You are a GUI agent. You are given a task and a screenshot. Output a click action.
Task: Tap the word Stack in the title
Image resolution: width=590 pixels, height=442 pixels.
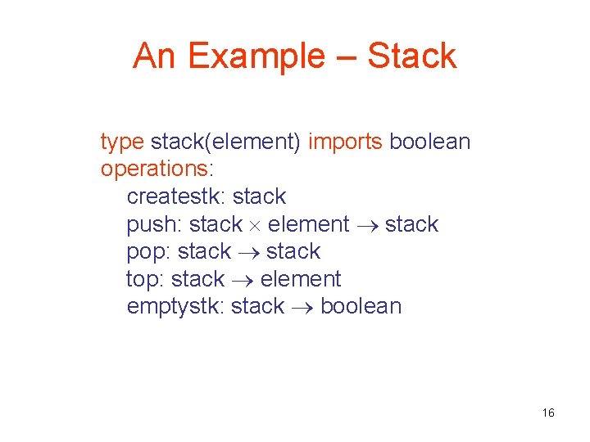(x=411, y=56)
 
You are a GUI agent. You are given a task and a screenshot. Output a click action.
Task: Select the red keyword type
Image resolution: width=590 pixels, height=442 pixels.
(x=122, y=142)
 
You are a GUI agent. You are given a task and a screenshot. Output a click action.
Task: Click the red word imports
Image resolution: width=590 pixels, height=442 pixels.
(x=345, y=142)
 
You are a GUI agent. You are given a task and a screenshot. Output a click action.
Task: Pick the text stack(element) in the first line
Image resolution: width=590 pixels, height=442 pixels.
(x=226, y=142)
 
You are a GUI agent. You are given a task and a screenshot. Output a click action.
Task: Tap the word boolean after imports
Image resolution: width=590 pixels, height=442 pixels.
(x=430, y=142)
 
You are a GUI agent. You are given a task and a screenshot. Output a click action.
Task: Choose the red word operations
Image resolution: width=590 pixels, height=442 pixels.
(x=154, y=169)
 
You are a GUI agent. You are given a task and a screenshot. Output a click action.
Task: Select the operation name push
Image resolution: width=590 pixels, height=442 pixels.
(x=154, y=224)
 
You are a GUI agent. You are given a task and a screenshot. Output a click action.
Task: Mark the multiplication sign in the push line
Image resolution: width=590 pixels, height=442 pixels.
(x=256, y=225)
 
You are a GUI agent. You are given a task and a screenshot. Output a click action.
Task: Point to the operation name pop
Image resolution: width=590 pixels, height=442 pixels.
(x=147, y=252)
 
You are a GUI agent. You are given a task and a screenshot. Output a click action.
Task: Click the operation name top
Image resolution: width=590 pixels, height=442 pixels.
(x=144, y=279)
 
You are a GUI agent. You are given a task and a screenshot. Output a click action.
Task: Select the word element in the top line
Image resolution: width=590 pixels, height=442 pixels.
(x=301, y=279)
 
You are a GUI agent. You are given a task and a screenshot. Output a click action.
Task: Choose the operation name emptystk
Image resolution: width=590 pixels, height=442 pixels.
(x=175, y=307)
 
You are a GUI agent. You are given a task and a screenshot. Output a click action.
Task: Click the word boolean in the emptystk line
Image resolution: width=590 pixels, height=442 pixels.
(x=361, y=306)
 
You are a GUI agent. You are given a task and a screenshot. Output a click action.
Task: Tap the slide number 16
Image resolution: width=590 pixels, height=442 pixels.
(x=548, y=413)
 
